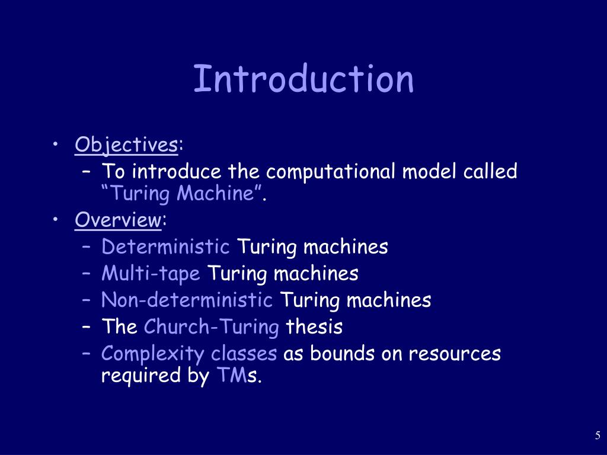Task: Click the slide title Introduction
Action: coord(303,79)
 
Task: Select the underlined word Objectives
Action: coord(126,145)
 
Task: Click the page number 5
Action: coord(598,437)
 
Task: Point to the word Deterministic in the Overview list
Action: coord(165,246)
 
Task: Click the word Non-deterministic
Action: coord(187,300)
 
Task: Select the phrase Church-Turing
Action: coord(212,327)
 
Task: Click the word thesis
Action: coord(314,327)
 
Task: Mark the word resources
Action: coord(455,354)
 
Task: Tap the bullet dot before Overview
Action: coord(55,220)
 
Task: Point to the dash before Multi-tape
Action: coord(87,274)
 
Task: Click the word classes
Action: coord(244,354)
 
